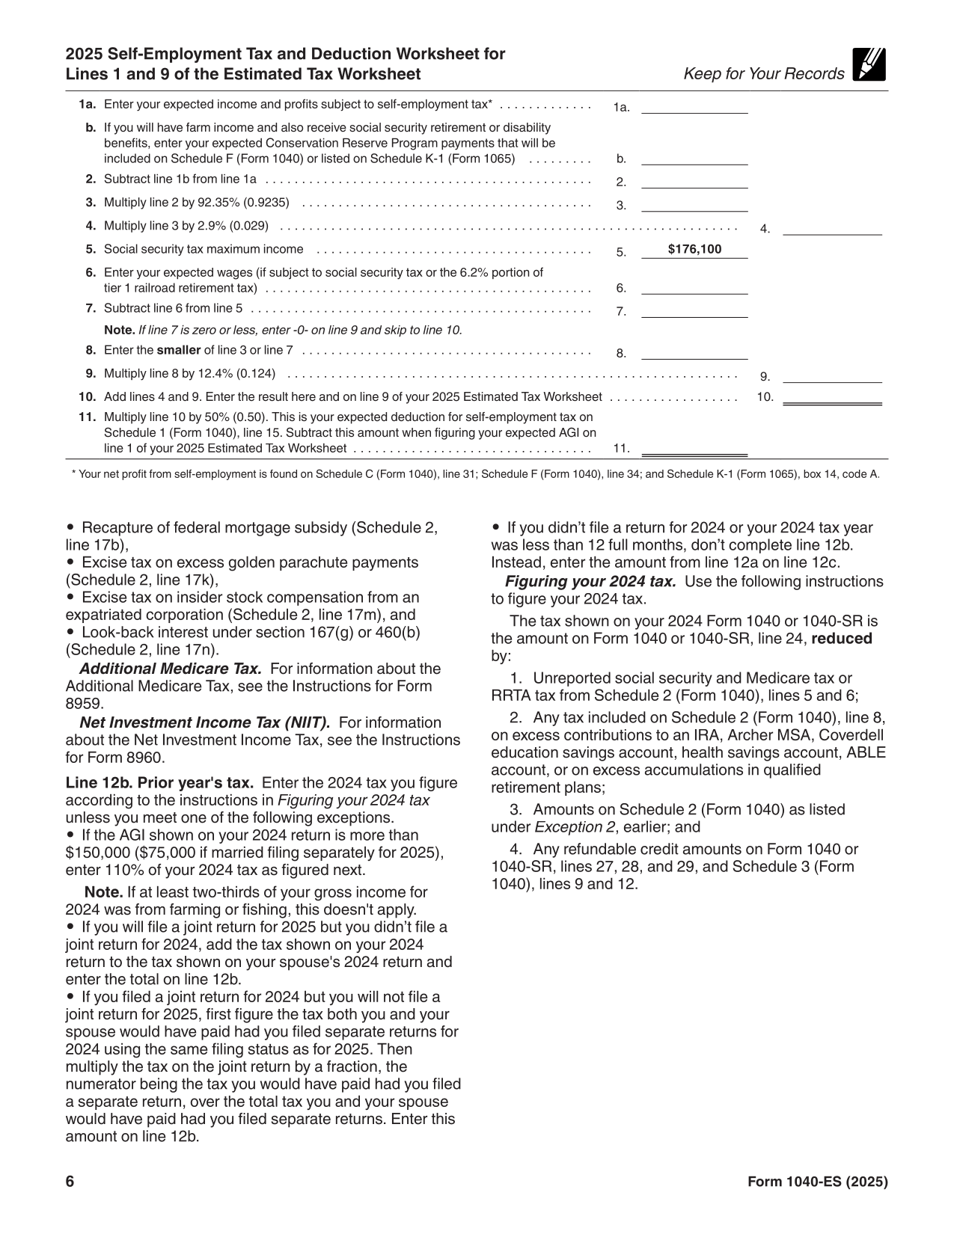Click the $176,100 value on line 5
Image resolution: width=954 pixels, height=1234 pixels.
pyautogui.click(x=694, y=250)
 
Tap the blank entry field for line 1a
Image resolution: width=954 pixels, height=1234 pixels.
pyautogui.click(x=694, y=106)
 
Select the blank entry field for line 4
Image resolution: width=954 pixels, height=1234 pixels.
pyautogui.click(x=832, y=229)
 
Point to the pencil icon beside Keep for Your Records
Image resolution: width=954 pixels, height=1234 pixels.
pyautogui.click(x=869, y=64)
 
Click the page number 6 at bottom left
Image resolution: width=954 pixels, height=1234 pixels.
pyautogui.click(x=70, y=1182)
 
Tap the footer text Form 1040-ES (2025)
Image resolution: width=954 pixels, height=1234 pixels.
pyautogui.click(x=818, y=1182)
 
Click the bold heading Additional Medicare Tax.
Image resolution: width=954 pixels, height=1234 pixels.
pyautogui.click(x=170, y=669)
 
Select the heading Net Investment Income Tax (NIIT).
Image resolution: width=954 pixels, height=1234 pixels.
pyautogui.click(x=204, y=722)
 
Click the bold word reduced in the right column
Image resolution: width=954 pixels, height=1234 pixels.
pyautogui.click(x=842, y=639)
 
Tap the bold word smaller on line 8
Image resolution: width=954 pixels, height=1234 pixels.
pyautogui.click(x=178, y=350)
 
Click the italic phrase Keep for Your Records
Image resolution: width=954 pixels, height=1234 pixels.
pyautogui.click(x=763, y=74)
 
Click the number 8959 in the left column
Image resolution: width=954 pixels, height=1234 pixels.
pyautogui.click(x=82, y=704)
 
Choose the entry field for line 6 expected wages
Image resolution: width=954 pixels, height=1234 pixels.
pyautogui.click(x=694, y=288)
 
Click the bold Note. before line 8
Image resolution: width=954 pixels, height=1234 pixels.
pyautogui.click(x=120, y=330)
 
